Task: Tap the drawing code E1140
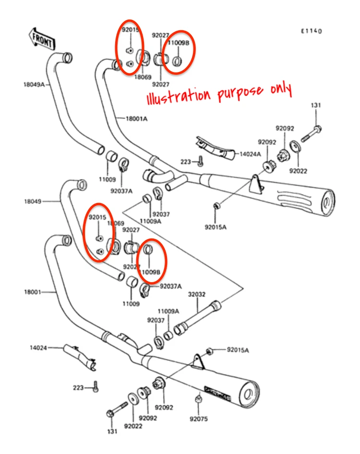point(312,31)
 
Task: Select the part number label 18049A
point(34,84)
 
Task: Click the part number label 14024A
point(250,154)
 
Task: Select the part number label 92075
point(198,419)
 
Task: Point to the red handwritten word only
point(278,89)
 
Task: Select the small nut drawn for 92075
point(197,400)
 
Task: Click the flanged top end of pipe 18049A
point(67,58)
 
